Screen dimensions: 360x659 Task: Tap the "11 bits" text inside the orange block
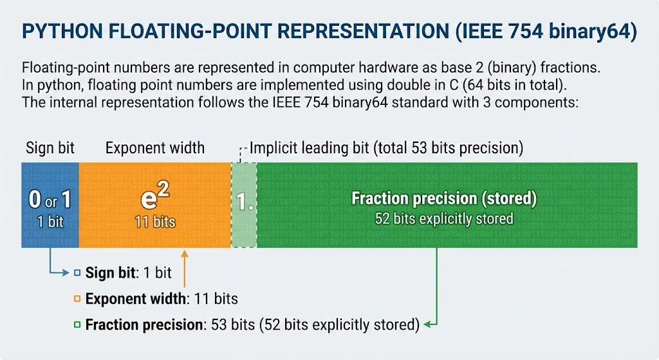coord(154,222)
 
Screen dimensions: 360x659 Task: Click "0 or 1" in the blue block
coord(50,200)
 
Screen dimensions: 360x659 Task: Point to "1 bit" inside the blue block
coord(50,222)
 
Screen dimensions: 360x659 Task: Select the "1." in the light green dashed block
coord(243,204)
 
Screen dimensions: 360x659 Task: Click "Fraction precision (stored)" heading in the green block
coord(444,198)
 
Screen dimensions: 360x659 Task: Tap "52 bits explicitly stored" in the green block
coord(444,219)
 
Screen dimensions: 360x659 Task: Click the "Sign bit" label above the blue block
coord(50,148)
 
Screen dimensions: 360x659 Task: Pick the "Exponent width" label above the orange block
coord(154,148)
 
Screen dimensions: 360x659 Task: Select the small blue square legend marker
coord(77,273)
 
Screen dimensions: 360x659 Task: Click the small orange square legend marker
coord(77,299)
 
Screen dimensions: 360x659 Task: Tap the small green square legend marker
coord(77,324)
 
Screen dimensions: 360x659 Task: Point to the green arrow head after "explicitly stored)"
coord(427,324)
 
